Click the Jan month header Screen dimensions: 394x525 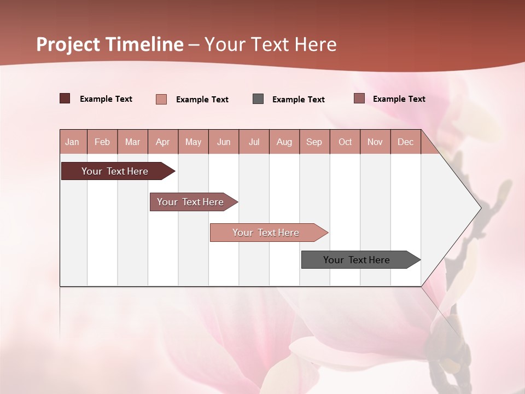click(x=73, y=142)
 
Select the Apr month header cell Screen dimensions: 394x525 click(x=163, y=142)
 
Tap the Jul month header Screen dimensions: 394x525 click(x=254, y=142)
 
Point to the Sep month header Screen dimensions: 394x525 click(x=314, y=142)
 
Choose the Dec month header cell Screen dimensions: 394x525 click(x=405, y=142)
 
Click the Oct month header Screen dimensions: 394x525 click(x=345, y=142)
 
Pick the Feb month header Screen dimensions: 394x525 click(x=102, y=142)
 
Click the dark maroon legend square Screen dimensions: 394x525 click(x=65, y=99)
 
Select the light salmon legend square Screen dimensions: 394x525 click(x=161, y=99)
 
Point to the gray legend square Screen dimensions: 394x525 click(x=258, y=99)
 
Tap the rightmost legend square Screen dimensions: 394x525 click(x=359, y=99)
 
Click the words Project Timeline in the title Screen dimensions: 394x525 click(x=109, y=44)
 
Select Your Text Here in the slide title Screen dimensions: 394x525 click(x=271, y=44)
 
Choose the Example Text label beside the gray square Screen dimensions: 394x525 click(x=298, y=100)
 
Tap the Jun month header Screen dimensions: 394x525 click(x=224, y=142)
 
